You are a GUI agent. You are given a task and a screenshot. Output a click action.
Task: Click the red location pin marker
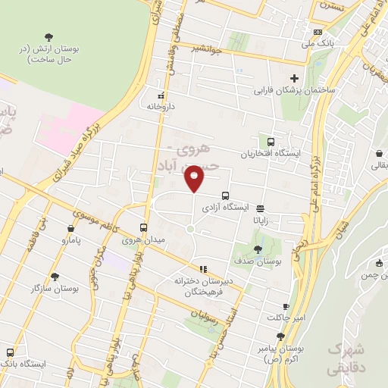195,178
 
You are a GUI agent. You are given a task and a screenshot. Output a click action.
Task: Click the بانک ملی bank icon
318,32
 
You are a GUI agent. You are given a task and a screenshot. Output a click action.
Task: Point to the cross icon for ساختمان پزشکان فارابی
295,78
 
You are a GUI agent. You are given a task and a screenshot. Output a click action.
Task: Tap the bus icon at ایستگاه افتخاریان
271,141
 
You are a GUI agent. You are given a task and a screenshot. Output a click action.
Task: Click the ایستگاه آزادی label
221,206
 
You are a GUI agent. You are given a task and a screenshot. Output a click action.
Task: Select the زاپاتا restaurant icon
261,208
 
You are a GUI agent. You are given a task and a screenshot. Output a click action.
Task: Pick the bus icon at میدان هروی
144,227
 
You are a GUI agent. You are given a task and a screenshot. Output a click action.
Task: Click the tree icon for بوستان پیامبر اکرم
280,336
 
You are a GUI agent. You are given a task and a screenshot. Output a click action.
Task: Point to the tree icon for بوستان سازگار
54,277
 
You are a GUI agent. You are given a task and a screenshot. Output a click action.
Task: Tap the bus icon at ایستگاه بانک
9,352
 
